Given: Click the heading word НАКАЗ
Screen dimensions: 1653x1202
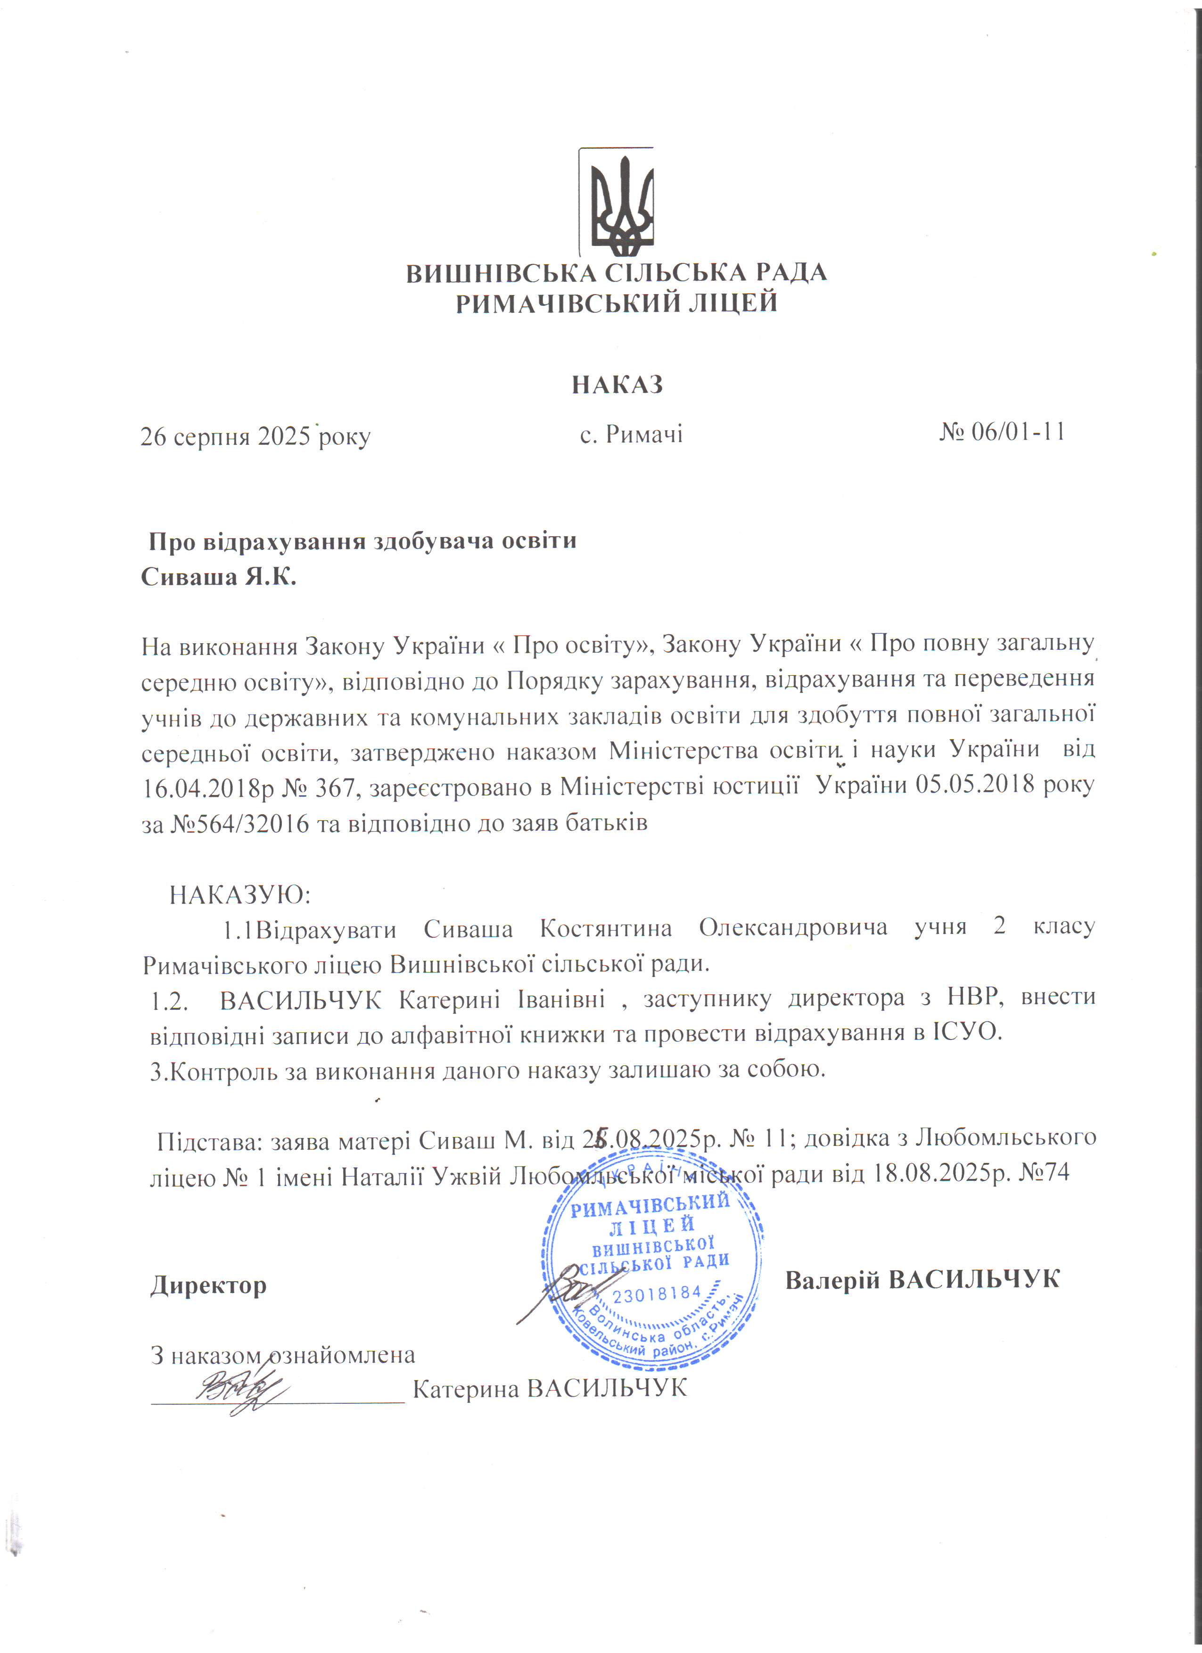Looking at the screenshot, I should coord(617,384).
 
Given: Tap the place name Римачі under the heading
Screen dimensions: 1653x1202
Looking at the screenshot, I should coord(643,435).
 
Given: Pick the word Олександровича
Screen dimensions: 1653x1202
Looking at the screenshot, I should coord(793,928).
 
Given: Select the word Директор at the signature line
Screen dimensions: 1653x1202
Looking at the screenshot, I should coord(208,1285).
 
